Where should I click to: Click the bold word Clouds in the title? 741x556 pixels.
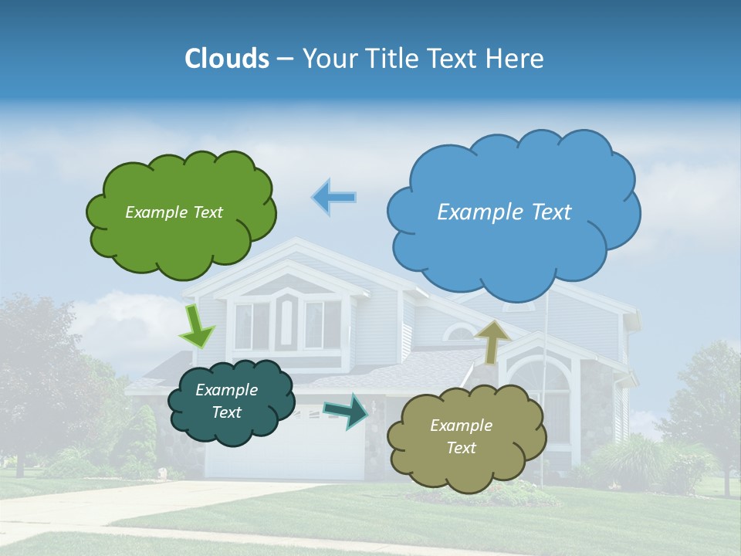[x=226, y=59]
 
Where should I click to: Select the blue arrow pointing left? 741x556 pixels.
[x=334, y=197]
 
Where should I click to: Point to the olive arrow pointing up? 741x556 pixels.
[x=492, y=341]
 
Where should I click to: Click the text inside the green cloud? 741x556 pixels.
[x=174, y=212]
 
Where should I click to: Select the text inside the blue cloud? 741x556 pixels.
[x=504, y=212]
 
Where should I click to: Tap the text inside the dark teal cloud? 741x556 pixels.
[x=226, y=402]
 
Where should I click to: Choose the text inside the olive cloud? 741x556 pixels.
[x=461, y=436]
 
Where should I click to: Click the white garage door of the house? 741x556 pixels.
[x=286, y=452]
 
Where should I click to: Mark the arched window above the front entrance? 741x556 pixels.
[x=461, y=333]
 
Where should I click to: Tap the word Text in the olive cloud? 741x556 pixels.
[x=461, y=448]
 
